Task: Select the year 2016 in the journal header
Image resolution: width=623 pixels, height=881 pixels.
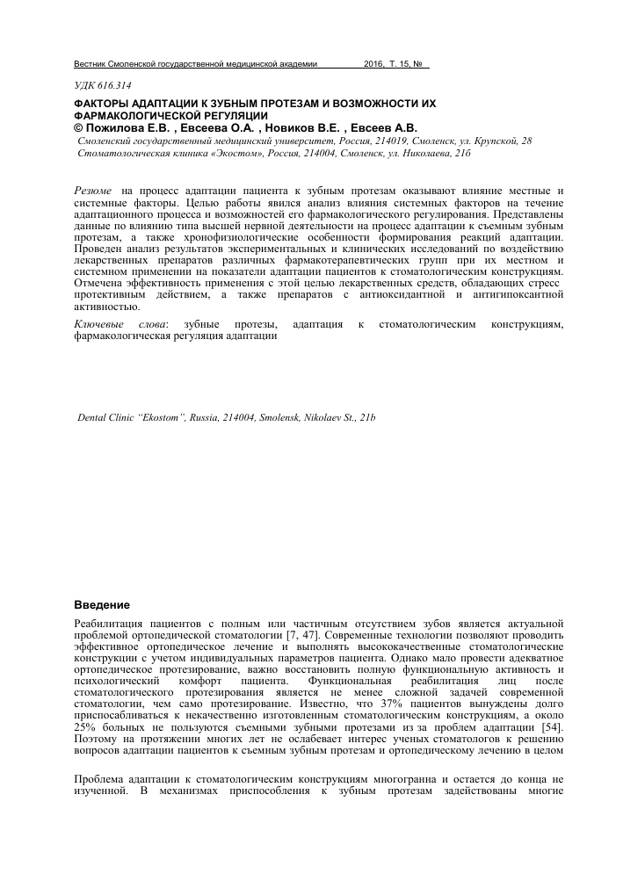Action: point(375,64)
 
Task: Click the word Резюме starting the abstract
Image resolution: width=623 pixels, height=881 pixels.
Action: point(92,190)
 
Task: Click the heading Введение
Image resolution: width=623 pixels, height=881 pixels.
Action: point(101,606)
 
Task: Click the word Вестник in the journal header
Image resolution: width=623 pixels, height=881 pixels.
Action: point(91,64)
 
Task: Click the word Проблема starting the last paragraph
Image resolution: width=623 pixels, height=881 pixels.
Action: point(104,778)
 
